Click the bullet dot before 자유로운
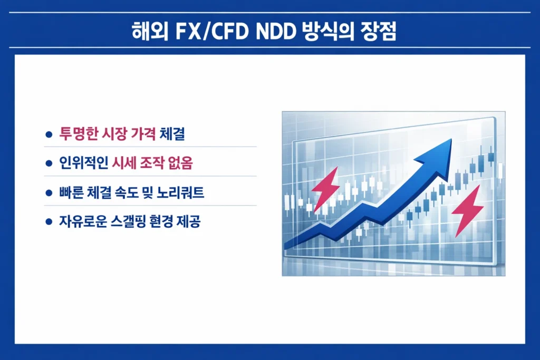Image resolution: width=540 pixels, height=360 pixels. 49,222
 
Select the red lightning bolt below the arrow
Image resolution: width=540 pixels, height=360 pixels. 468,209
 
